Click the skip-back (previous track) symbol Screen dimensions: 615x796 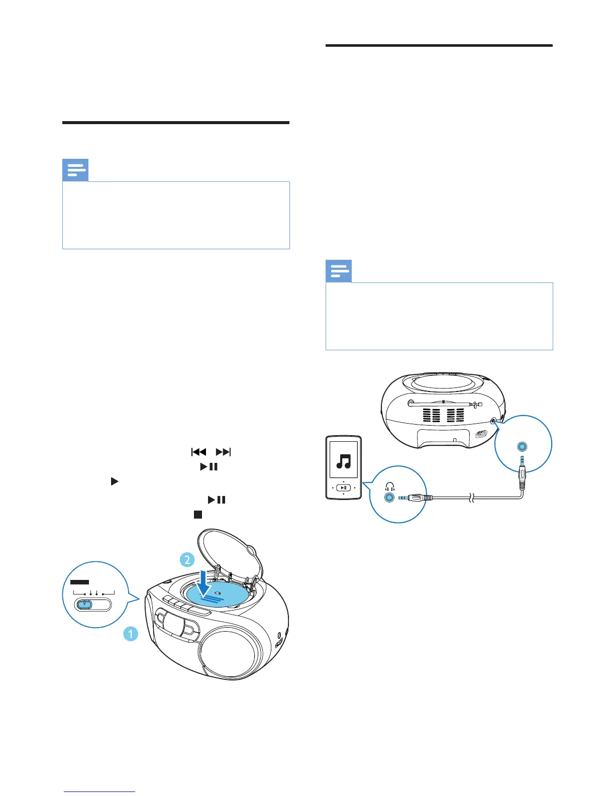199,452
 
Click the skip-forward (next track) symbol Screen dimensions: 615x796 223,452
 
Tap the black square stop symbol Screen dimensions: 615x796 198,515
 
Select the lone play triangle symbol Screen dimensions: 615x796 114,481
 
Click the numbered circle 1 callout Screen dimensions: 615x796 131,634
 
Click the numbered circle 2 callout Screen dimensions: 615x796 187,559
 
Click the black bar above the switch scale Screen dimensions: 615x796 79,582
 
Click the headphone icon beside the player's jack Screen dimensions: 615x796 390,486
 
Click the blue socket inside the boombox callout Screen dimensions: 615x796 523,446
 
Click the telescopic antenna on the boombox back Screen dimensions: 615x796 444,403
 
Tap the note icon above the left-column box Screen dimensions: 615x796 75,170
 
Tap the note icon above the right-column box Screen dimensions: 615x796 339,271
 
